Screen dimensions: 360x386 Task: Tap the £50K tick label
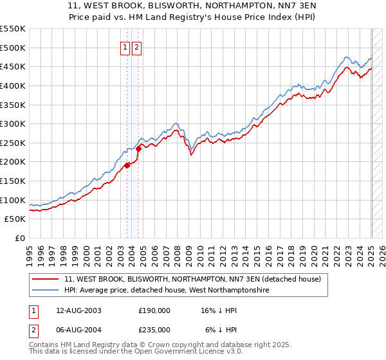[15, 219]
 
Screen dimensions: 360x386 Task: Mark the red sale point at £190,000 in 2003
[127, 165]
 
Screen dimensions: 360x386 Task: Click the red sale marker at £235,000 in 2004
[138, 148]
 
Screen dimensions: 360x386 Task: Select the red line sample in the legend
[46, 279]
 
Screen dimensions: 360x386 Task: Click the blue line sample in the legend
[46, 291]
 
